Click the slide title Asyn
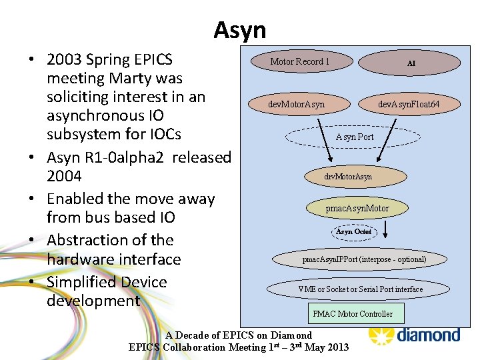[x=239, y=30]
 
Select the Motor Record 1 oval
[x=301, y=62]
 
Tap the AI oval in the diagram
[x=411, y=63]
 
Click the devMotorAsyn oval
[x=297, y=104]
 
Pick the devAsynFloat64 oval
[x=409, y=104]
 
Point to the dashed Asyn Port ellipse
[x=354, y=137]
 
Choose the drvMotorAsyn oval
[x=347, y=177]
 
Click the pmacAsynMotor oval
[x=357, y=208]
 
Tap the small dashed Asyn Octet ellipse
[x=354, y=231]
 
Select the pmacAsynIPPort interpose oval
[x=364, y=259]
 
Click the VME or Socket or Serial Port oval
[x=360, y=289]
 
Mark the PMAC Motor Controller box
[x=353, y=313]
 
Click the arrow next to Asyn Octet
[x=391, y=230]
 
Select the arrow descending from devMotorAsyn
[x=325, y=140]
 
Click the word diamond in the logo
[x=428, y=334]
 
